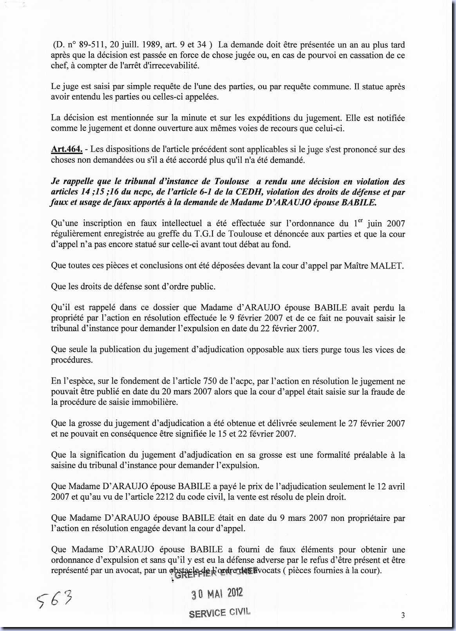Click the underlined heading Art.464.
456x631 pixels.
click(67, 149)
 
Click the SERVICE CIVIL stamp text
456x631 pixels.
click(219, 613)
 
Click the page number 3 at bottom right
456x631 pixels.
click(403, 615)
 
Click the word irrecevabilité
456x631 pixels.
click(171, 65)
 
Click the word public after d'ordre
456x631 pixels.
click(201, 286)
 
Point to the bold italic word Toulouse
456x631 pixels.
click(232, 181)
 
